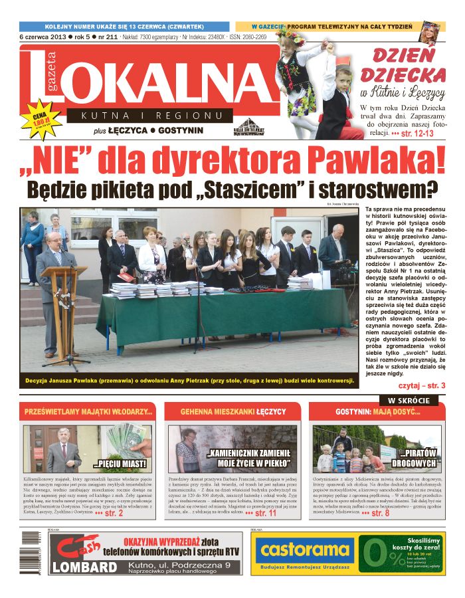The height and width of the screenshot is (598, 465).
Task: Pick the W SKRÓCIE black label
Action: [408, 401]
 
